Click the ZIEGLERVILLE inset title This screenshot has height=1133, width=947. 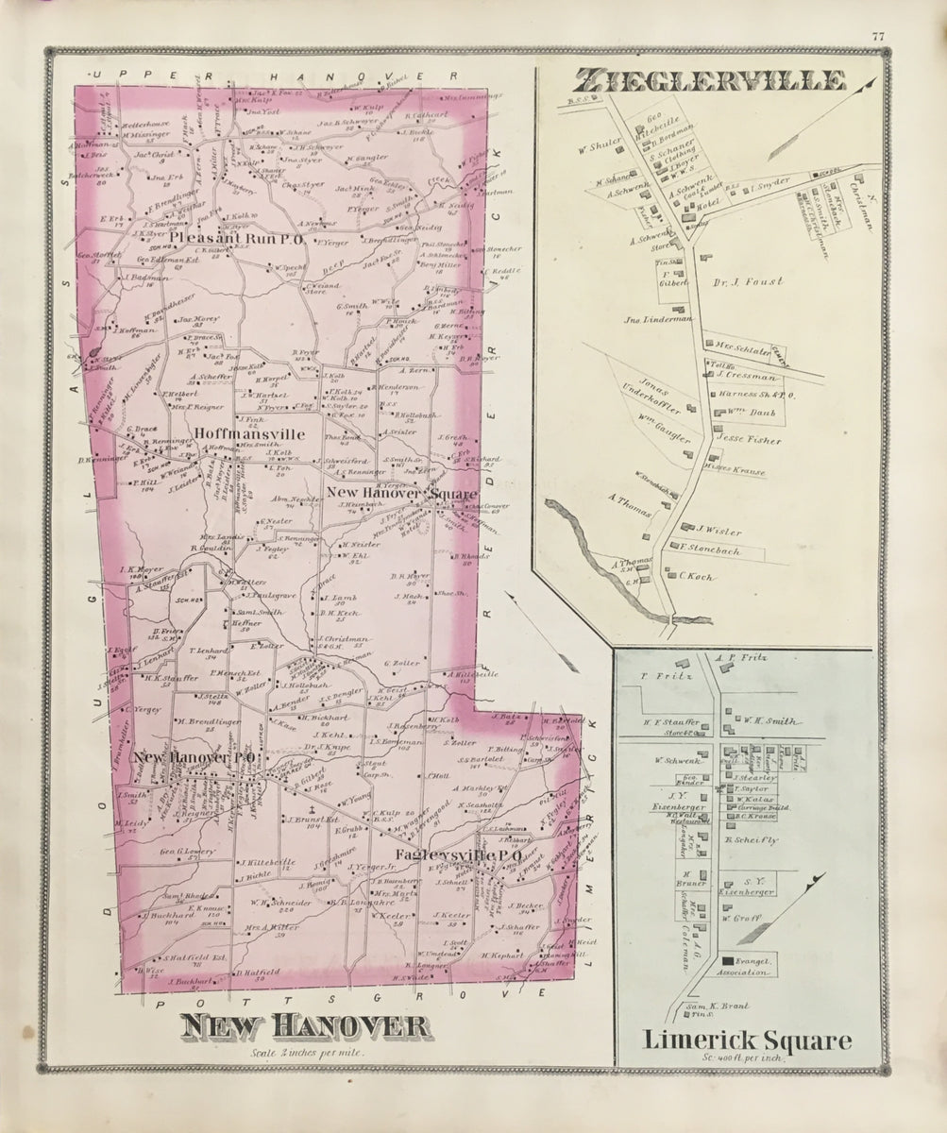click(714, 82)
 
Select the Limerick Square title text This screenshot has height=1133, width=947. click(749, 1041)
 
